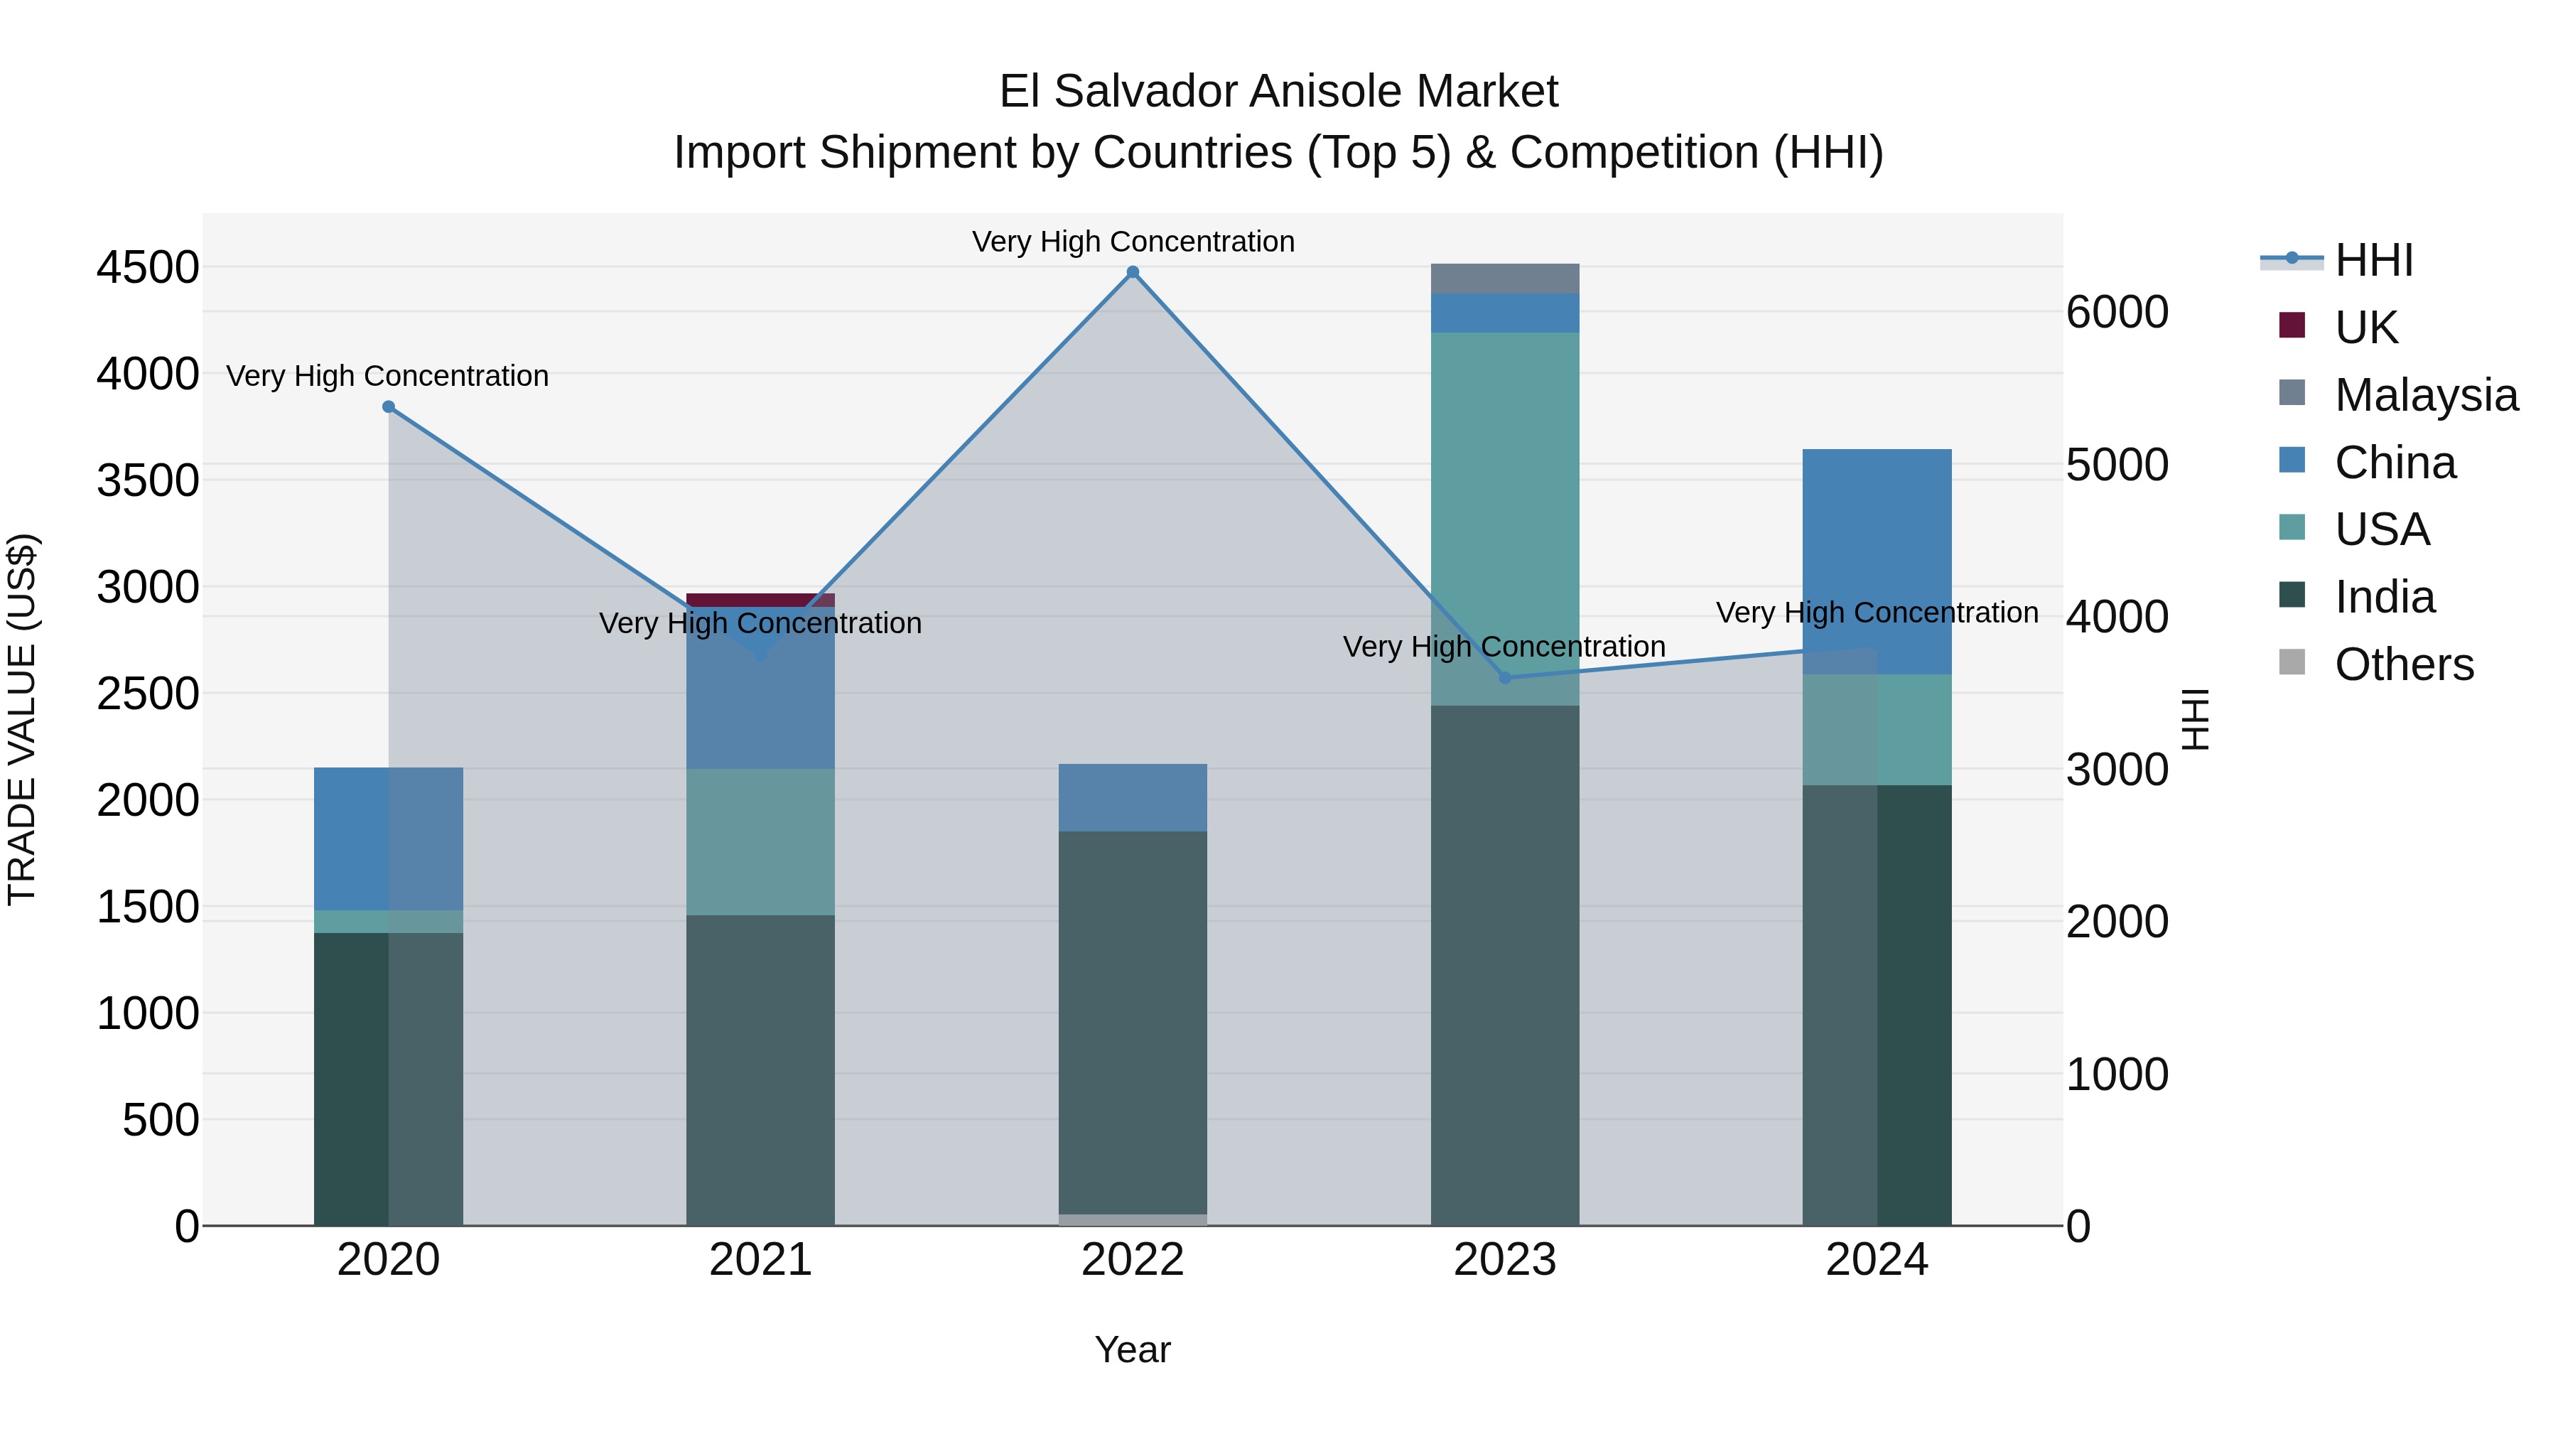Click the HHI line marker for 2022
(1132, 272)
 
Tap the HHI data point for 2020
(388, 406)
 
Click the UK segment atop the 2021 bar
(760, 599)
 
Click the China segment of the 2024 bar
(1877, 561)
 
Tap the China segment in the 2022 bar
(1132, 797)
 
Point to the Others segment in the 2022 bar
(1132, 1219)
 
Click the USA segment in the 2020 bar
(388, 922)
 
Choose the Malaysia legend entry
(2426, 395)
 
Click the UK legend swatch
(2292, 325)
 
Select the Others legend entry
(2403, 664)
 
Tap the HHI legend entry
(2373, 260)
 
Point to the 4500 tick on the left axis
(148, 267)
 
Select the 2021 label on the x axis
(760, 1260)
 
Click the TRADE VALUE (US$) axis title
(23, 719)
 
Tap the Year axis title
(1132, 1349)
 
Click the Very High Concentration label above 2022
(1132, 242)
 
